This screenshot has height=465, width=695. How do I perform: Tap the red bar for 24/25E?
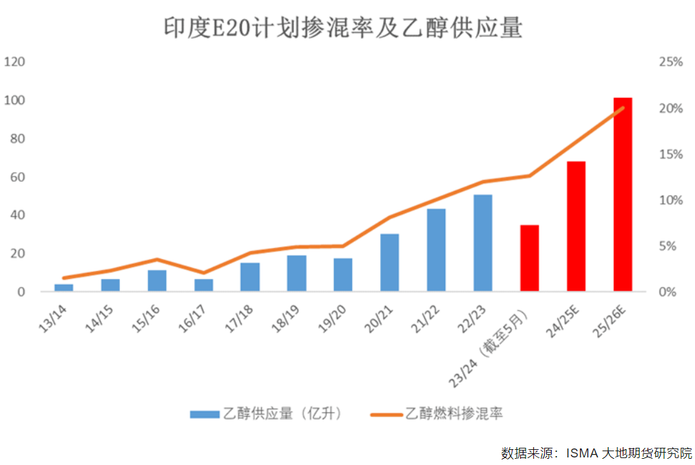click(576, 227)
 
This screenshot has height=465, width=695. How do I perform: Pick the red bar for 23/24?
click(529, 258)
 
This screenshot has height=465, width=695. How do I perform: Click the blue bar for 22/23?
click(483, 243)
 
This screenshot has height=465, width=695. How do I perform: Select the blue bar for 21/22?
click(436, 250)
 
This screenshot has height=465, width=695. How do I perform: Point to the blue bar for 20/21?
click(389, 262)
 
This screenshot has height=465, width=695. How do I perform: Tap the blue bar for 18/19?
click(296, 273)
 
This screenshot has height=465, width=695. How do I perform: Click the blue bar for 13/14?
click(63, 287)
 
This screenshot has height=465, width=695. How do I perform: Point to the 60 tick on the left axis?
click(17, 177)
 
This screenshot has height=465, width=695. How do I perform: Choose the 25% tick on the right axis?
click(670, 62)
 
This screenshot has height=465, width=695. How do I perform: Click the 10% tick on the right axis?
click(670, 200)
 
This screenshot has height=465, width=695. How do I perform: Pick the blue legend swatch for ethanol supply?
click(205, 413)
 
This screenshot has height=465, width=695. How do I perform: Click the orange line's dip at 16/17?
click(203, 273)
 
